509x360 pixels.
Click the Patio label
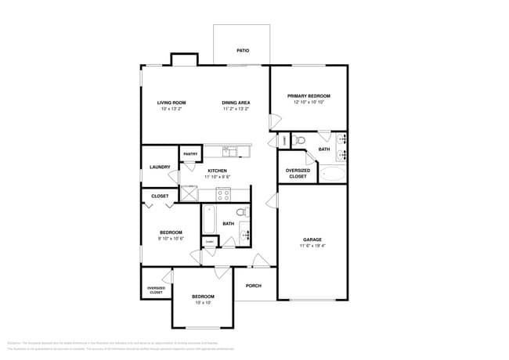[243, 51]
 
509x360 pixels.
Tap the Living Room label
[171, 103]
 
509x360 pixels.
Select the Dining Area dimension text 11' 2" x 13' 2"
[236, 109]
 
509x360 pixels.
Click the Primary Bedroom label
[308, 96]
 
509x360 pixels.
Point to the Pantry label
[190, 154]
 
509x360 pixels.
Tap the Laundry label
[160, 167]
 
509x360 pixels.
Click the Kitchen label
[217, 171]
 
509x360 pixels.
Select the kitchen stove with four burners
[224, 193]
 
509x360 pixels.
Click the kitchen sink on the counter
[230, 150]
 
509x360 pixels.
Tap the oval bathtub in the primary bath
[332, 174]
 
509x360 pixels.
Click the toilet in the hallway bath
[242, 212]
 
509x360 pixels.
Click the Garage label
[312, 239]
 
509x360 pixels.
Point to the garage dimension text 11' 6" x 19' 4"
[312, 246]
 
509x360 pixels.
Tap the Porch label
[253, 286]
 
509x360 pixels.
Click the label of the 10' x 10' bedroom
[204, 297]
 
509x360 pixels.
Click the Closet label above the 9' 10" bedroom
[160, 196]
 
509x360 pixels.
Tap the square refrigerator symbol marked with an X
[189, 193]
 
